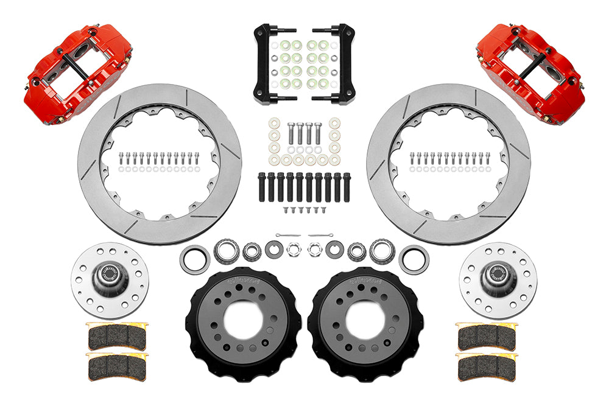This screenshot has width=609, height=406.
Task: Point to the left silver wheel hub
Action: point(110,279)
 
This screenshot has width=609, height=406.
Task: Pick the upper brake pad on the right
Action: point(487,337)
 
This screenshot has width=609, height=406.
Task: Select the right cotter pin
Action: point(321,235)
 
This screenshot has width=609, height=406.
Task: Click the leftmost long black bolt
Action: point(262,186)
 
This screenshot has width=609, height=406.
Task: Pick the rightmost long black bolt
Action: point(347,186)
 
